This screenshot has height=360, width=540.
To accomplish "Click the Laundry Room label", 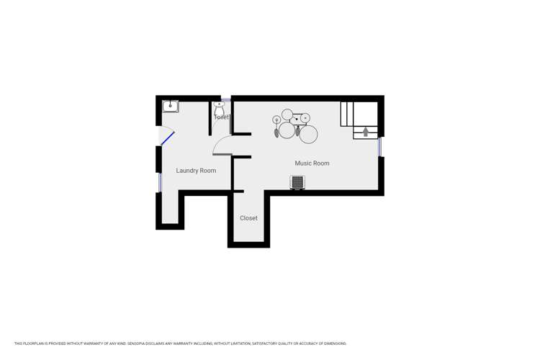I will pyautogui.click(x=196, y=171).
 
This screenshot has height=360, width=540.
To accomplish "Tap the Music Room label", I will pyautogui.click(x=312, y=163).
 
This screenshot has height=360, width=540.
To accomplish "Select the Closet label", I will pyautogui.click(x=248, y=218).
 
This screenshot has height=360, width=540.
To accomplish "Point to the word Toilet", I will pyautogui.click(x=222, y=117).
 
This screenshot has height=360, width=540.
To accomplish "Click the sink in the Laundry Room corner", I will pyautogui.click(x=170, y=107).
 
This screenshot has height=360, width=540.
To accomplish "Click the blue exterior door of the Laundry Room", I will pyautogui.click(x=167, y=137).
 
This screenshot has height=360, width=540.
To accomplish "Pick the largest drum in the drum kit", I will pyautogui.click(x=309, y=134).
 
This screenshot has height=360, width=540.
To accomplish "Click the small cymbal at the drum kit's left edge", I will pyautogui.click(x=276, y=120).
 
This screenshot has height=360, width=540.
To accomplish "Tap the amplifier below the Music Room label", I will pyautogui.click(x=297, y=183).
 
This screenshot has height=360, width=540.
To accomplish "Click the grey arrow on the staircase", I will pyautogui.click(x=366, y=131).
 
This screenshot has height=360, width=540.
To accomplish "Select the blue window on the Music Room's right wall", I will pyautogui.click(x=380, y=146).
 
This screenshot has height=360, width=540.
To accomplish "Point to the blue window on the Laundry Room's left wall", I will pyautogui.click(x=160, y=182).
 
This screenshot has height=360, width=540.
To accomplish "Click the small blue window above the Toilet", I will pyautogui.click(x=225, y=99).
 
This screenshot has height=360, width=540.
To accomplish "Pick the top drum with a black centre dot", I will pyautogui.click(x=305, y=117).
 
